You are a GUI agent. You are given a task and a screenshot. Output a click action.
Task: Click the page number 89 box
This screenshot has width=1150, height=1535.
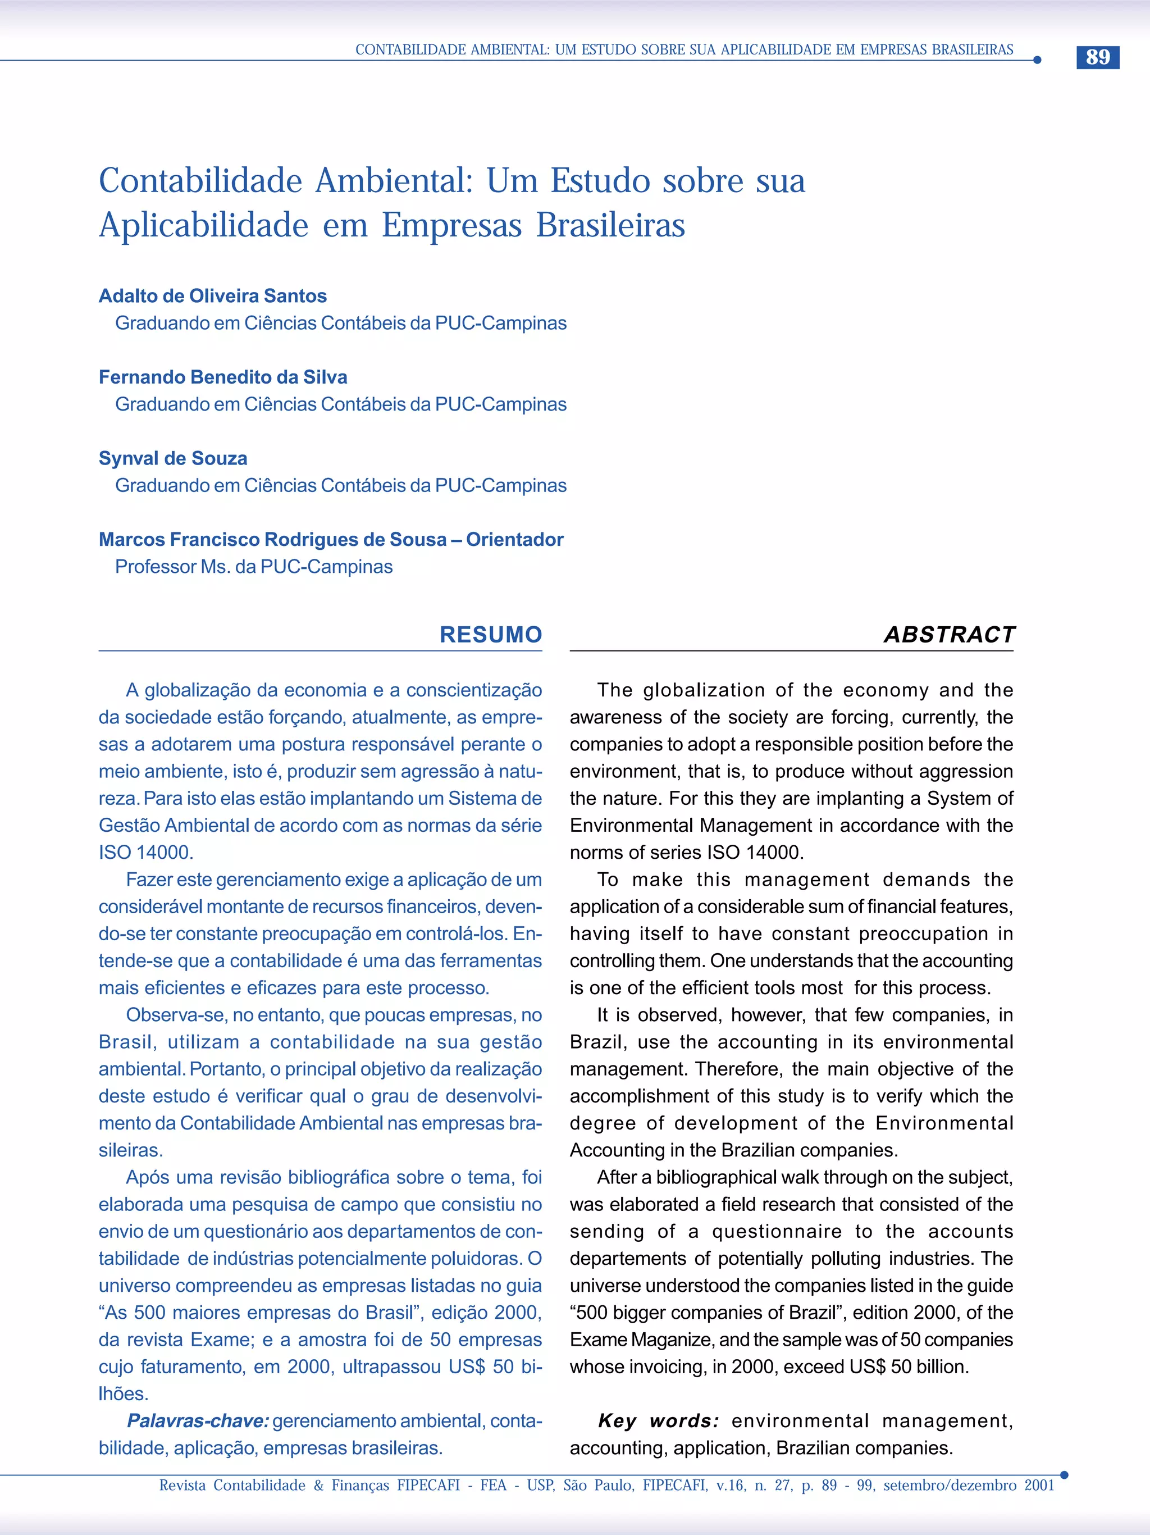(x=1097, y=57)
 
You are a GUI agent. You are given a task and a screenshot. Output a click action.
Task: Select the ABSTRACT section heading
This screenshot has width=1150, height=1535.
(x=949, y=634)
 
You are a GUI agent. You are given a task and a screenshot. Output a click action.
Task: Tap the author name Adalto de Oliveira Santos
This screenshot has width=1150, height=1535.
(x=212, y=295)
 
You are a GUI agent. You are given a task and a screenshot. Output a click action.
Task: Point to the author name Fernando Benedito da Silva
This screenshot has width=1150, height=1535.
(x=223, y=377)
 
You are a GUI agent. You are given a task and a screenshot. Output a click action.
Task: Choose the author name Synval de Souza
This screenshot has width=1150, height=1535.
(x=173, y=458)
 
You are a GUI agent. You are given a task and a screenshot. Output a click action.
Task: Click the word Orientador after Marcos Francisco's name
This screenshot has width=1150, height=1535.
(x=515, y=539)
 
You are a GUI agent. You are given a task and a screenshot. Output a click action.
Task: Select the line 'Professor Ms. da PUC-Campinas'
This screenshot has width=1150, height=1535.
(x=254, y=566)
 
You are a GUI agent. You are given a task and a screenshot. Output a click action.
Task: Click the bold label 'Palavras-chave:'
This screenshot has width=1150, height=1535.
(x=198, y=1420)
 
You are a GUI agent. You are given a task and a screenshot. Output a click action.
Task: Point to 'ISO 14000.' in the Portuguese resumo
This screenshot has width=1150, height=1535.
(x=145, y=852)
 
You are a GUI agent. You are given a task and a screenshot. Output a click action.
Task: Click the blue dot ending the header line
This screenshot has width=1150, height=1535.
(x=1037, y=60)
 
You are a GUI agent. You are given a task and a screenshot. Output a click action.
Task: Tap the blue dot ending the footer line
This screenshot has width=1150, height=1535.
(x=1064, y=1475)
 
